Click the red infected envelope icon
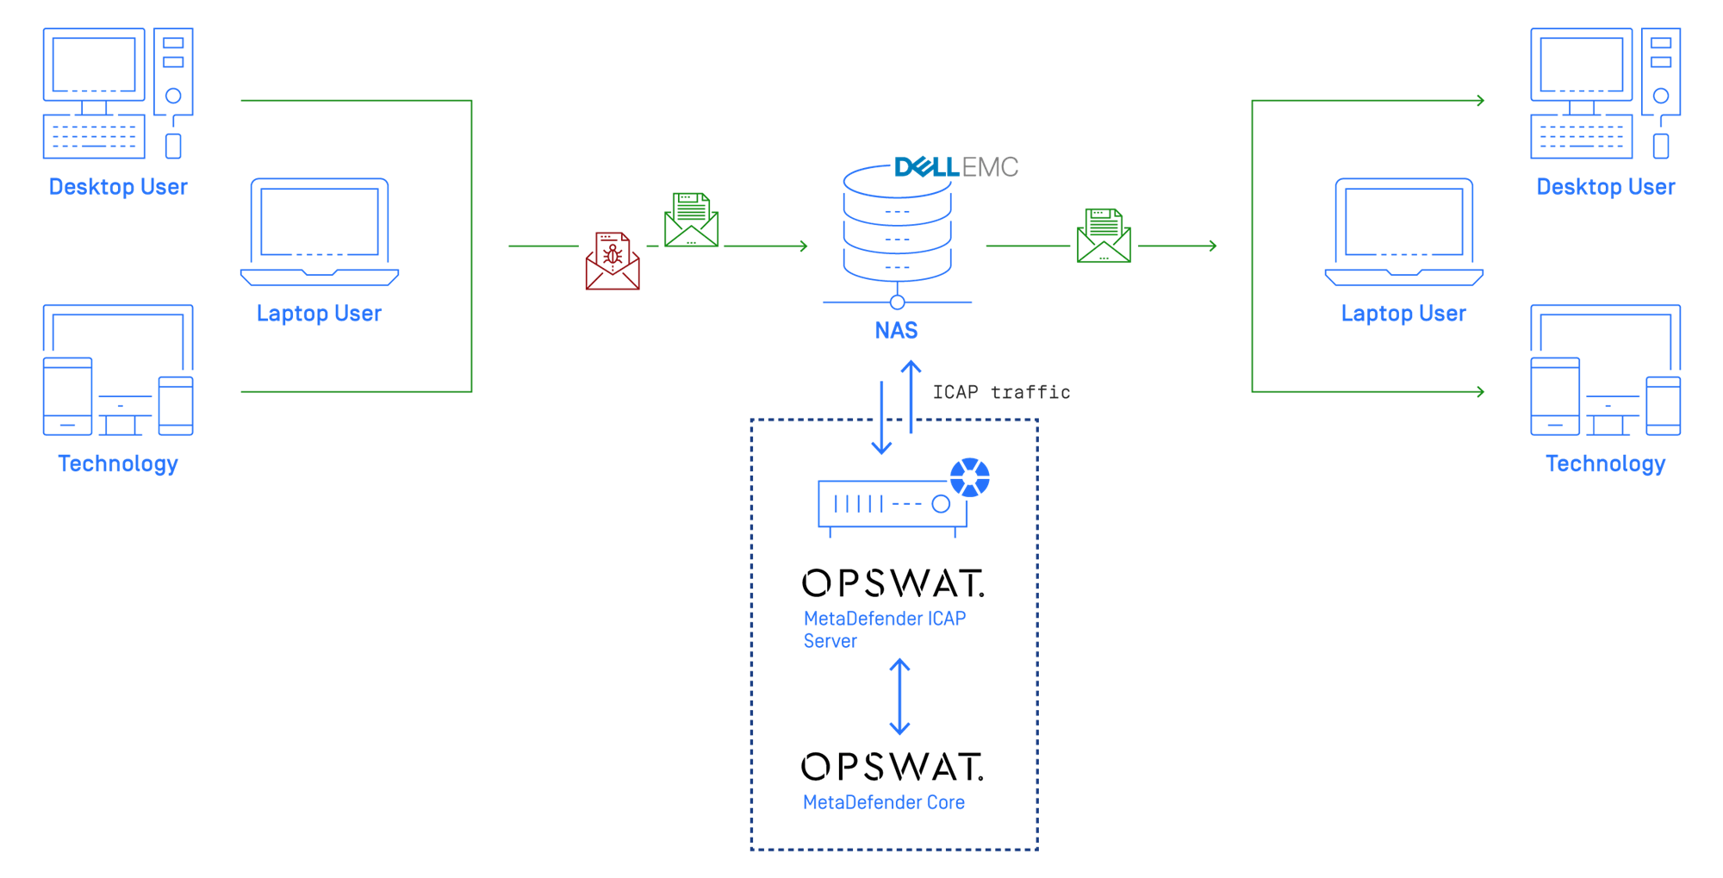(613, 261)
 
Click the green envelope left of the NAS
(691, 220)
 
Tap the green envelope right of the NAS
(1104, 235)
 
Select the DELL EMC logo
(956, 166)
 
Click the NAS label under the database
(896, 330)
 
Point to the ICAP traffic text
(1001, 392)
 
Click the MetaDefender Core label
(884, 802)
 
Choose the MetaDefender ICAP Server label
(884, 629)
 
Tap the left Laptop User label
(319, 313)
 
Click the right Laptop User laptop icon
(1403, 232)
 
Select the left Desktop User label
(118, 187)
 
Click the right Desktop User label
(1606, 187)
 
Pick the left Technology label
(118, 464)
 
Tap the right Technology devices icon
(1605, 371)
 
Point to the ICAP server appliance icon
(892, 505)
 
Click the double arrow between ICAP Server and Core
(899, 696)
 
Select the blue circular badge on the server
(970, 476)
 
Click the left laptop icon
(320, 232)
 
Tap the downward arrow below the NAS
(881, 417)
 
